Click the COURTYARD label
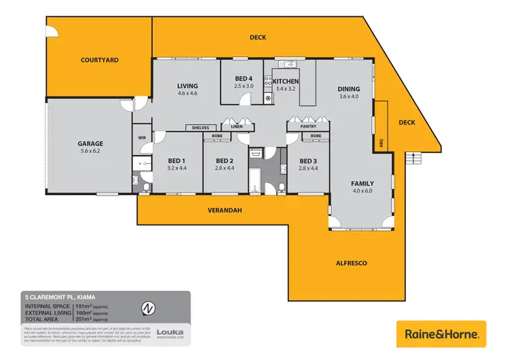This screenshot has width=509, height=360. click(99, 60)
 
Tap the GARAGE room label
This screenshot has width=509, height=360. click(90, 143)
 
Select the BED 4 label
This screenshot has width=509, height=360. click(244, 78)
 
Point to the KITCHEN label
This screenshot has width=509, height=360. click(286, 81)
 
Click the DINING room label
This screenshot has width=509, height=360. click(349, 89)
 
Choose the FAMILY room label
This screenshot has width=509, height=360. click(362, 183)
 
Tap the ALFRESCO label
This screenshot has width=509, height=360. click(352, 262)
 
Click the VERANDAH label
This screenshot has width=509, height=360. click(224, 211)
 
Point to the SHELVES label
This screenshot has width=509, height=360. click(202, 127)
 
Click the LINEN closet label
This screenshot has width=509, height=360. click(237, 126)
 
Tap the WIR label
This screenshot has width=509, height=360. click(143, 137)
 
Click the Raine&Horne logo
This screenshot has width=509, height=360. click(441, 334)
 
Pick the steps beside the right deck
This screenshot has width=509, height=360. click(413, 158)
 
